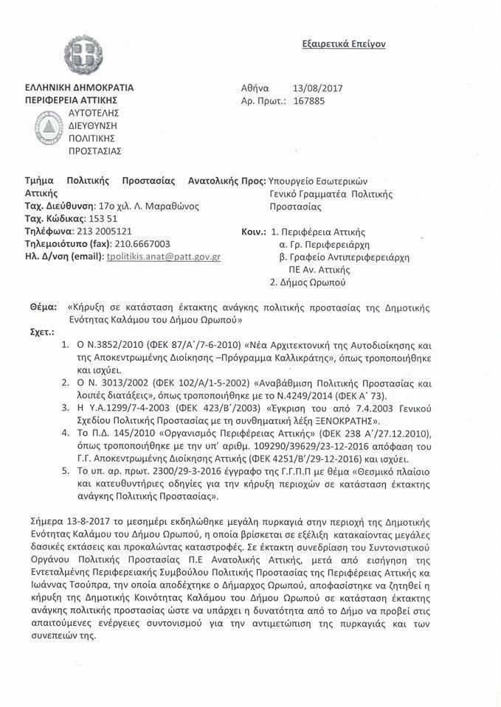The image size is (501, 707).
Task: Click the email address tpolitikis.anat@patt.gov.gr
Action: click(x=164, y=257)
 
